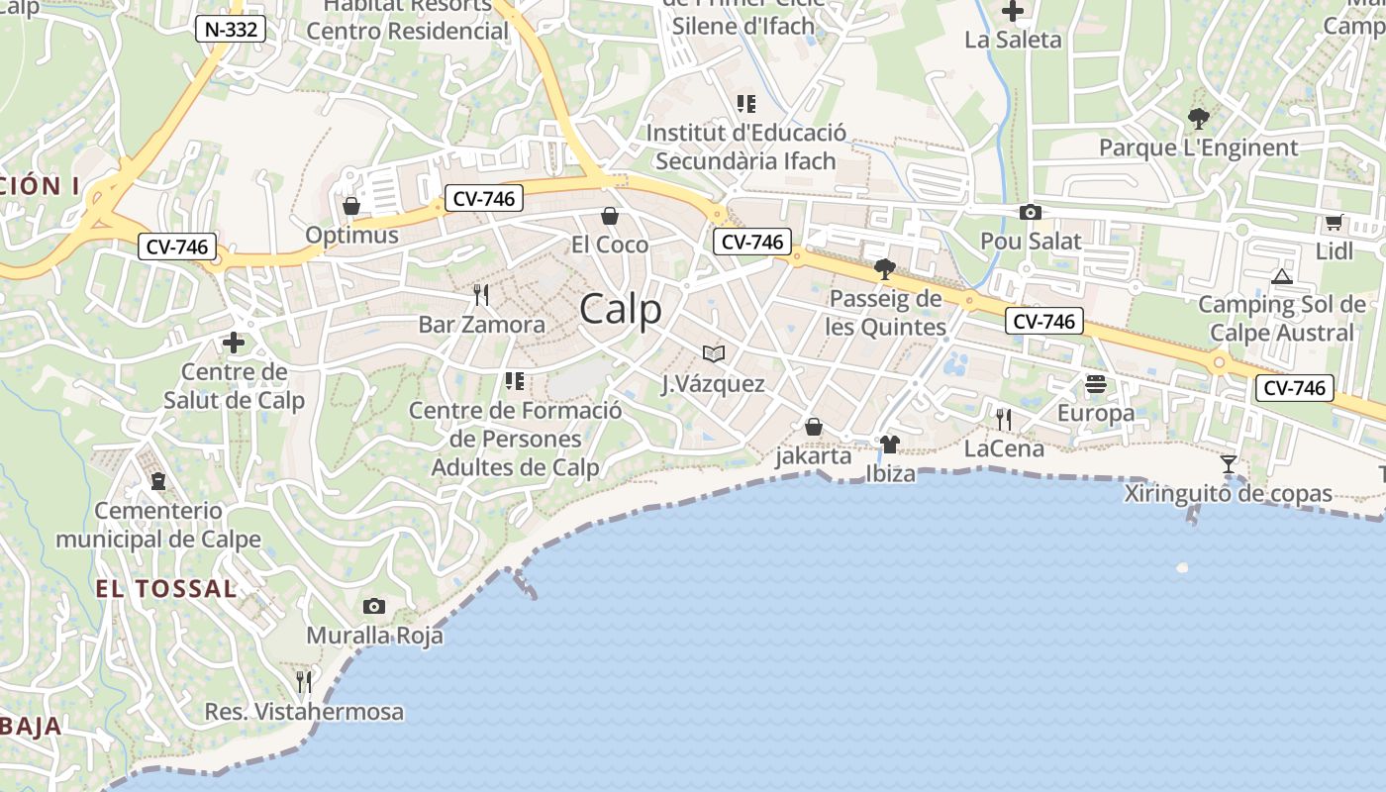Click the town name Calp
tap(621, 310)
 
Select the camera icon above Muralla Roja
tap(373, 606)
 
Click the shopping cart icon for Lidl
tap(1334, 223)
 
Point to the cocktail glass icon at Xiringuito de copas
tap(1229, 463)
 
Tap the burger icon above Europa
tap(1095, 383)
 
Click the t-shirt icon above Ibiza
tap(889, 445)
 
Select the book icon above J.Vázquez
tap(713, 353)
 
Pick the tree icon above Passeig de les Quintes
tap(885, 269)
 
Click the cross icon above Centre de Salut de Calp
tap(234, 344)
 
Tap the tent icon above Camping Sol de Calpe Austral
tap(1282, 276)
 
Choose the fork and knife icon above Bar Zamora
tap(481, 295)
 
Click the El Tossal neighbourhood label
tap(166, 589)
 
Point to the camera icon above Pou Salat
tap(1030, 212)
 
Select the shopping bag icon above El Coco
tap(610, 216)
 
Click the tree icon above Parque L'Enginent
tap(1198, 120)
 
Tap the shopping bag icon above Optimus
tap(350, 206)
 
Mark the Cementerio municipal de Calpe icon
tap(157, 482)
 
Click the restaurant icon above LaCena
tap(1004, 420)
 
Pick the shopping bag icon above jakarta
tap(813, 427)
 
